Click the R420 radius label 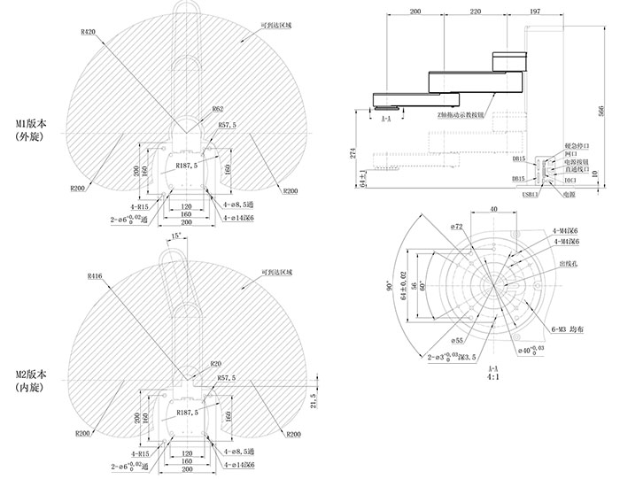tap(88, 32)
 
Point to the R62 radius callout tap(217, 109)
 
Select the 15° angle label tap(177, 236)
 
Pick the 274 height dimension tap(353, 152)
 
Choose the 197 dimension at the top tap(534, 13)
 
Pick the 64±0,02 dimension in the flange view tap(401, 284)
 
